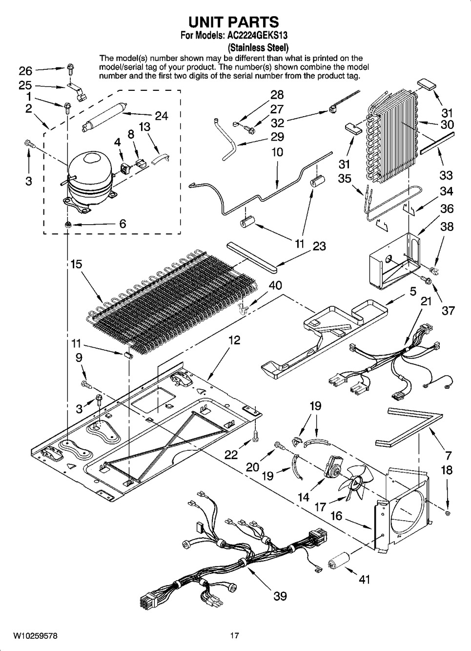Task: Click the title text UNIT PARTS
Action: [x=234, y=22]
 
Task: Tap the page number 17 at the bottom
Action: [x=235, y=636]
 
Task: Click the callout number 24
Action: [x=161, y=116]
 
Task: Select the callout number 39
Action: [x=280, y=596]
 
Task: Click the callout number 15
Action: [x=76, y=264]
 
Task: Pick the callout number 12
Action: [x=235, y=340]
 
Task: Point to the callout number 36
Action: [x=447, y=209]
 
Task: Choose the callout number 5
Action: [x=413, y=292]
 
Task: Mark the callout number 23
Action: [x=319, y=246]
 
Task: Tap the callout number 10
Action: [x=277, y=152]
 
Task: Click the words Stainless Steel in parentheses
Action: [x=258, y=48]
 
